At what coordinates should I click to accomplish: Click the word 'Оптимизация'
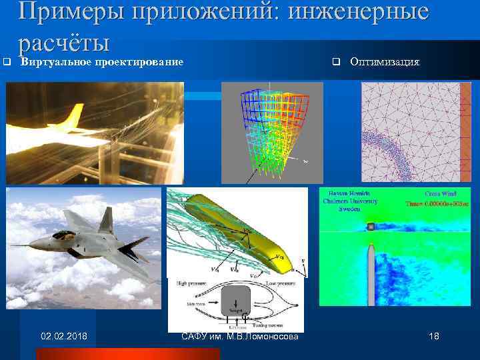[385, 62]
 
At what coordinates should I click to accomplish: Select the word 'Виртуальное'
[54, 62]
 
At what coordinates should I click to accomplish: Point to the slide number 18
[433, 336]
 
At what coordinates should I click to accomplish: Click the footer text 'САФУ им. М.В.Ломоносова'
[240, 336]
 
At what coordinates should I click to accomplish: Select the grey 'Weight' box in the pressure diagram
[234, 304]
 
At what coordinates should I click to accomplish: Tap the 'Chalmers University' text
[350, 201]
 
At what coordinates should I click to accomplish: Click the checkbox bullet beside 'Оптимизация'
[335, 62]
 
